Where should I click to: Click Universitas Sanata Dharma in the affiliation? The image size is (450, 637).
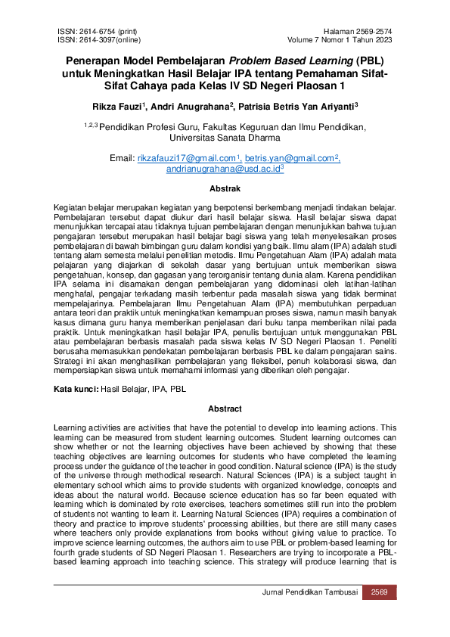(225, 138)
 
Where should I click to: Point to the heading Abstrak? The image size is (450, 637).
(225, 188)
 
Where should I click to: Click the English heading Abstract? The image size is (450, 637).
(225, 409)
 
